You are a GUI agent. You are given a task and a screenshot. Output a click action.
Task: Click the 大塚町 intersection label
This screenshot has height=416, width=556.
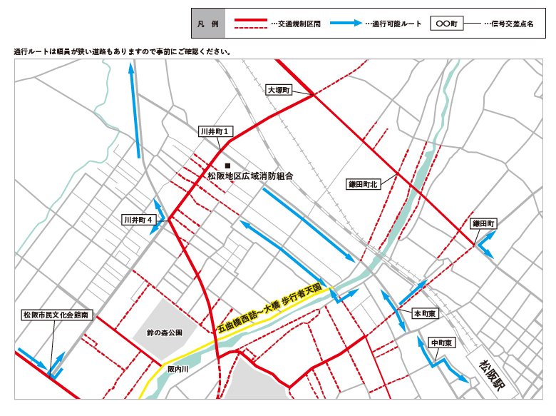click(279, 91)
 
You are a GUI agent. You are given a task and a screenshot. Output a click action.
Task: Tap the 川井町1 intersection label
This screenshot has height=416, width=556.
click(214, 132)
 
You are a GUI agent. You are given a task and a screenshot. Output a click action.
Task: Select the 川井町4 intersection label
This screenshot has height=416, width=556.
click(138, 220)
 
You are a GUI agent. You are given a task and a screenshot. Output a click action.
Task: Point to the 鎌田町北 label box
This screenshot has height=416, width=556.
click(362, 184)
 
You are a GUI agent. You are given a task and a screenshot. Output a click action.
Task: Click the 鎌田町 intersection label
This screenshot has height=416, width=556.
click(484, 223)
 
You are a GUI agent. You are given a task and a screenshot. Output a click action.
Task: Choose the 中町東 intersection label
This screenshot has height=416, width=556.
click(443, 343)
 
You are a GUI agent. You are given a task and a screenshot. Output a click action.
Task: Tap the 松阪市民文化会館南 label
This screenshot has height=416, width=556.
click(56, 314)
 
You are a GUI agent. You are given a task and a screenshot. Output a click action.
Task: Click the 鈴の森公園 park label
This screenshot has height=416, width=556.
click(165, 333)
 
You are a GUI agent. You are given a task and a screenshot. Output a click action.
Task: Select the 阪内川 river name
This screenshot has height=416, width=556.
click(177, 369)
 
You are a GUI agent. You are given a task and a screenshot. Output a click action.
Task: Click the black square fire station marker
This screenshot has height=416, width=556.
click(227, 166)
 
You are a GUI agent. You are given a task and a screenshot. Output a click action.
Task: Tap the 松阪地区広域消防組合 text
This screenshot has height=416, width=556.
click(250, 176)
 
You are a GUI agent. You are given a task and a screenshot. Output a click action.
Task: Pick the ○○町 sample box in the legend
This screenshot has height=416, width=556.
click(447, 24)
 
